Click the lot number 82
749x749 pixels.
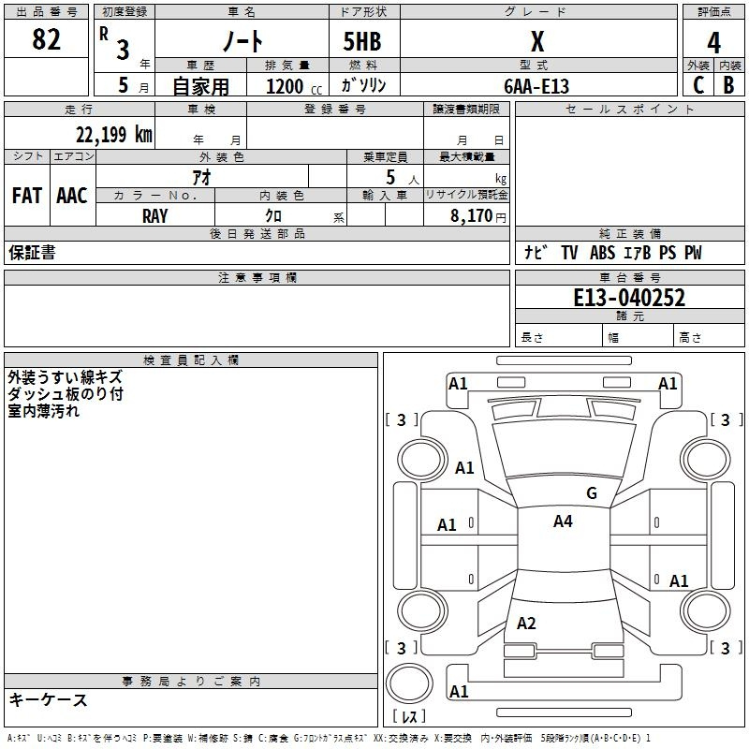click(46, 39)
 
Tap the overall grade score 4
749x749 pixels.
click(713, 42)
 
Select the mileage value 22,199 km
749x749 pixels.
click(113, 134)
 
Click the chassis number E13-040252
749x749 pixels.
click(629, 298)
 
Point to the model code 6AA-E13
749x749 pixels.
click(536, 86)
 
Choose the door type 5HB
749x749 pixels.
click(362, 41)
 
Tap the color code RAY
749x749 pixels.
click(154, 216)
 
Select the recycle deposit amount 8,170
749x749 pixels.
click(472, 215)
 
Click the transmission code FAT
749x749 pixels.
click(27, 196)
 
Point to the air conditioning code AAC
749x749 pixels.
click(72, 196)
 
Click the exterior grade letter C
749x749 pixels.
click(698, 85)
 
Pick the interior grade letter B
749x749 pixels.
click(728, 85)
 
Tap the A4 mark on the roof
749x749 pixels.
click(563, 521)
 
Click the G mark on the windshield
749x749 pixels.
click(592, 493)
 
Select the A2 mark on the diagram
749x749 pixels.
click(526, 624)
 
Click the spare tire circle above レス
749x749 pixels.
click(409, 683)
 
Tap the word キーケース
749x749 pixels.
click(48, 699)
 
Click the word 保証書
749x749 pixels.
click(32, 252)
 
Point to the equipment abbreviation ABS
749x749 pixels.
click(602, 252)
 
